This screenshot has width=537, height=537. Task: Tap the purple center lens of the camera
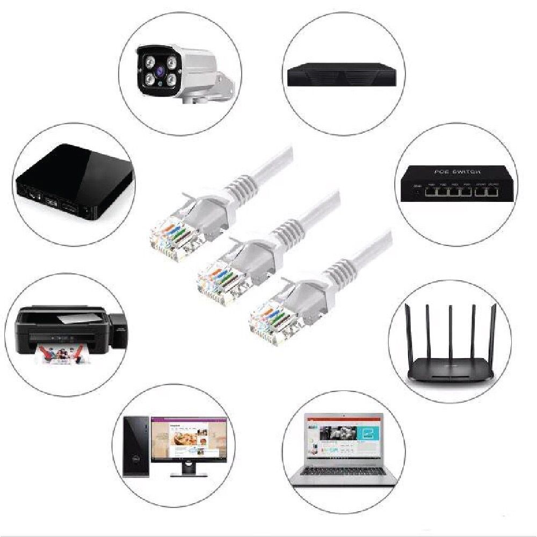point(159,69)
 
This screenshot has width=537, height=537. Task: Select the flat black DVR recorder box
point(344,75)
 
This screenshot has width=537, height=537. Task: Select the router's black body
point(450,371)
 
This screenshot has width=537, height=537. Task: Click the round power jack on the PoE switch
point(415,190)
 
